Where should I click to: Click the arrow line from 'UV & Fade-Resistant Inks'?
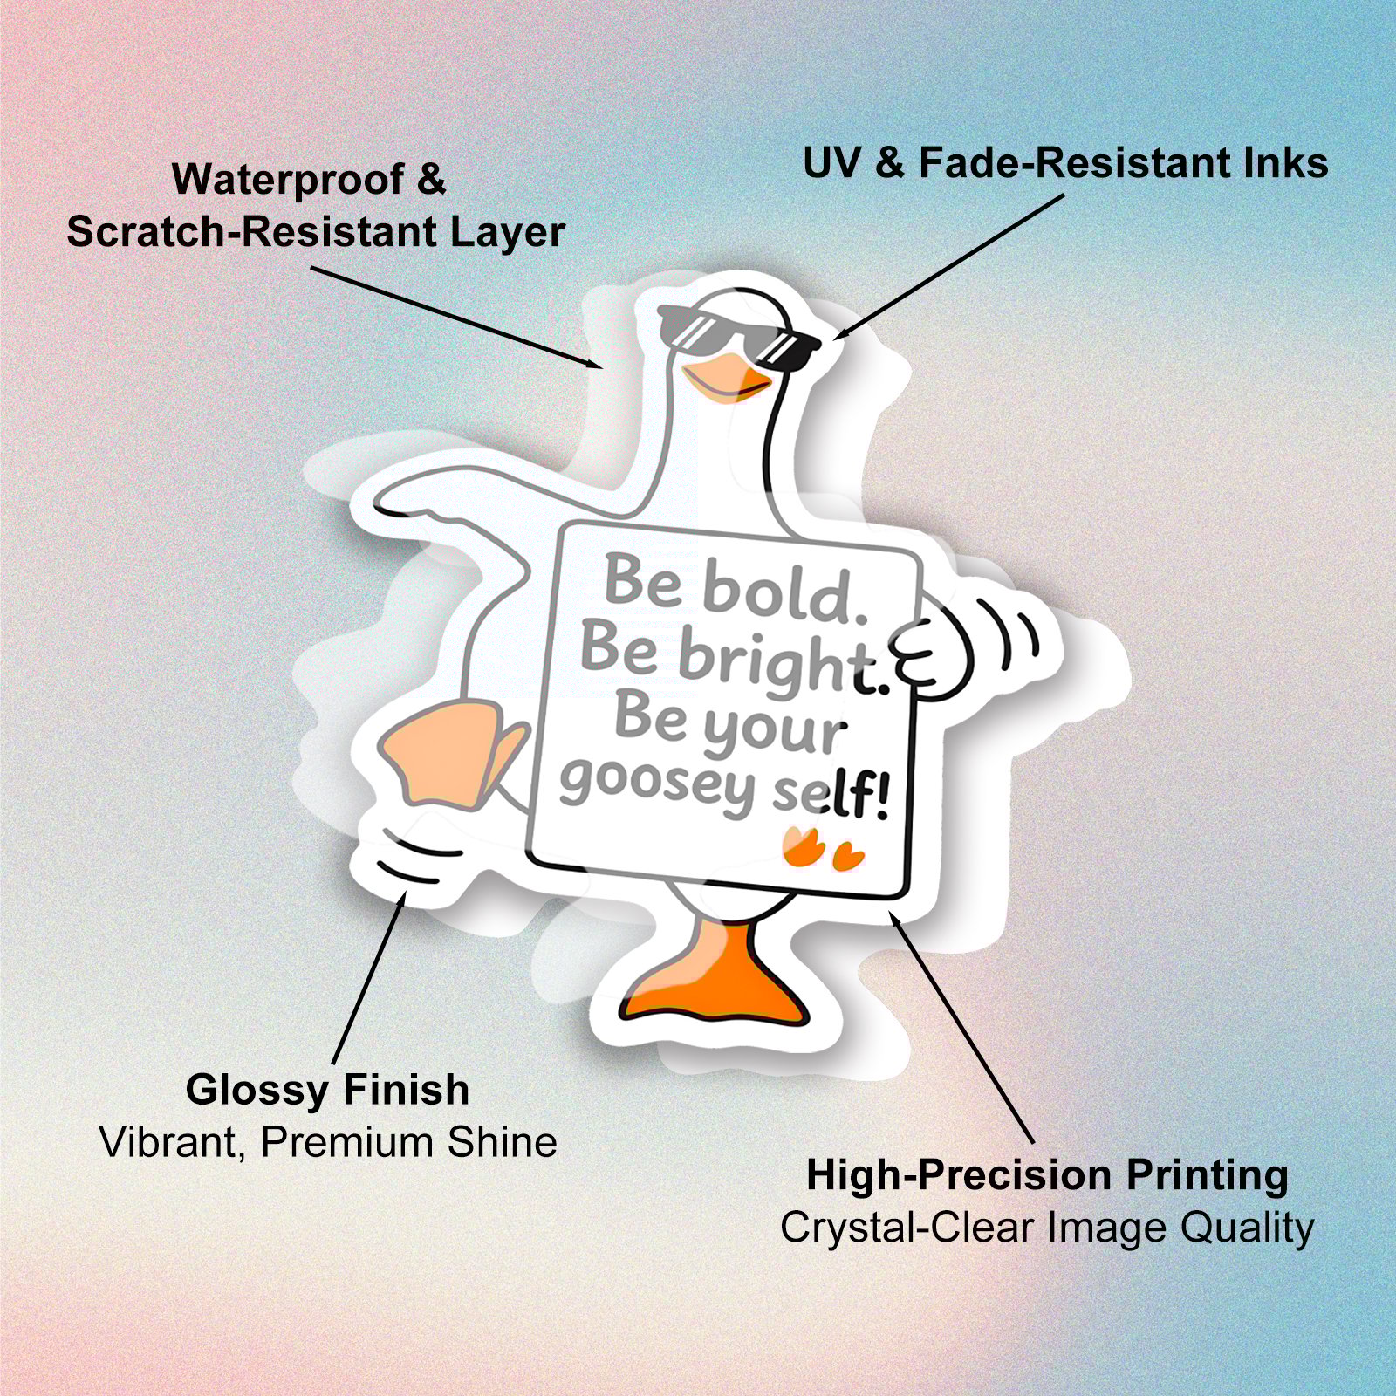point(951,265)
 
